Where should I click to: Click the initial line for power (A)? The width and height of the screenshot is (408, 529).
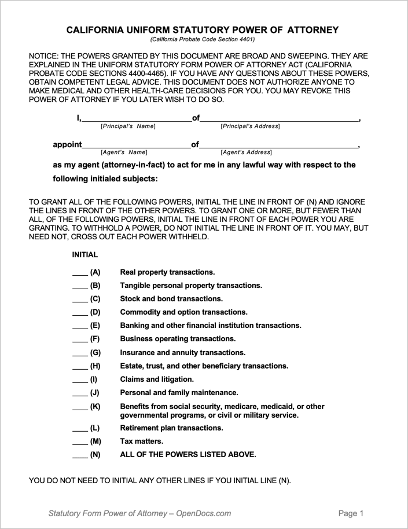click(79, 273)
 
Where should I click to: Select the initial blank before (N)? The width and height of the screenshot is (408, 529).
click(79, 455)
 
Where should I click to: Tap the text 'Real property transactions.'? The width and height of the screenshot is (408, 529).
click(167, 272)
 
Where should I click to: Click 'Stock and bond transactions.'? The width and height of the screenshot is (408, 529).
click(171, 299)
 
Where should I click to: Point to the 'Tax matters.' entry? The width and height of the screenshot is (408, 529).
click(141, 442)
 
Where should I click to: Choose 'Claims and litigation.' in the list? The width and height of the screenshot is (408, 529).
click(157, 380)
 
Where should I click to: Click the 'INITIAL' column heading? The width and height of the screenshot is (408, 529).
click(85, 254)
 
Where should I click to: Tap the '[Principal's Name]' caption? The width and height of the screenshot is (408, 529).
click(128, 126)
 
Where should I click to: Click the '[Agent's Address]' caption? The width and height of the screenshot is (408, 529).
click(246, 152)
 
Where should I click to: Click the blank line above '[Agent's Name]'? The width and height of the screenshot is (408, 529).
click(136, 146)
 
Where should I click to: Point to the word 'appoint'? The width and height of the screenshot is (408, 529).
click(67, 144)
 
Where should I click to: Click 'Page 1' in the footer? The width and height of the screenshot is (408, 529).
click(351, 513)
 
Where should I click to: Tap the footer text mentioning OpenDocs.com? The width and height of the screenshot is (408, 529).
click(139, 513)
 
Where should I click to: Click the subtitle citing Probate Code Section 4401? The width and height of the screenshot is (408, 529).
click(203, 39)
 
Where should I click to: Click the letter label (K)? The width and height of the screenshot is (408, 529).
click(95, 407)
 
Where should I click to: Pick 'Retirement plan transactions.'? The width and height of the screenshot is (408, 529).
click(171, 428)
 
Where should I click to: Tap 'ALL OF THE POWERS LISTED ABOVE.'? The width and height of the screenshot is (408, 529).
click(188, 455)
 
